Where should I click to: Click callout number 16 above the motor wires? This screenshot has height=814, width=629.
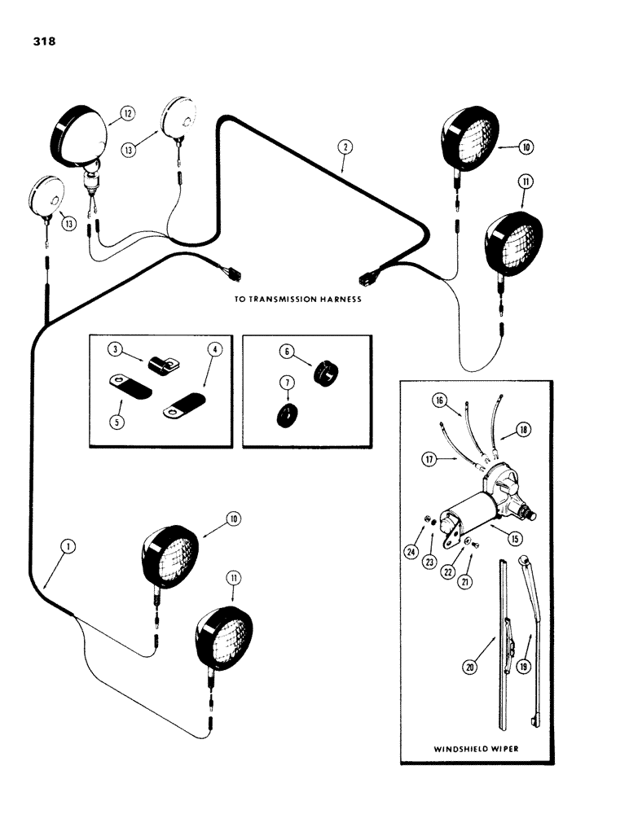click(440, 401)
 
